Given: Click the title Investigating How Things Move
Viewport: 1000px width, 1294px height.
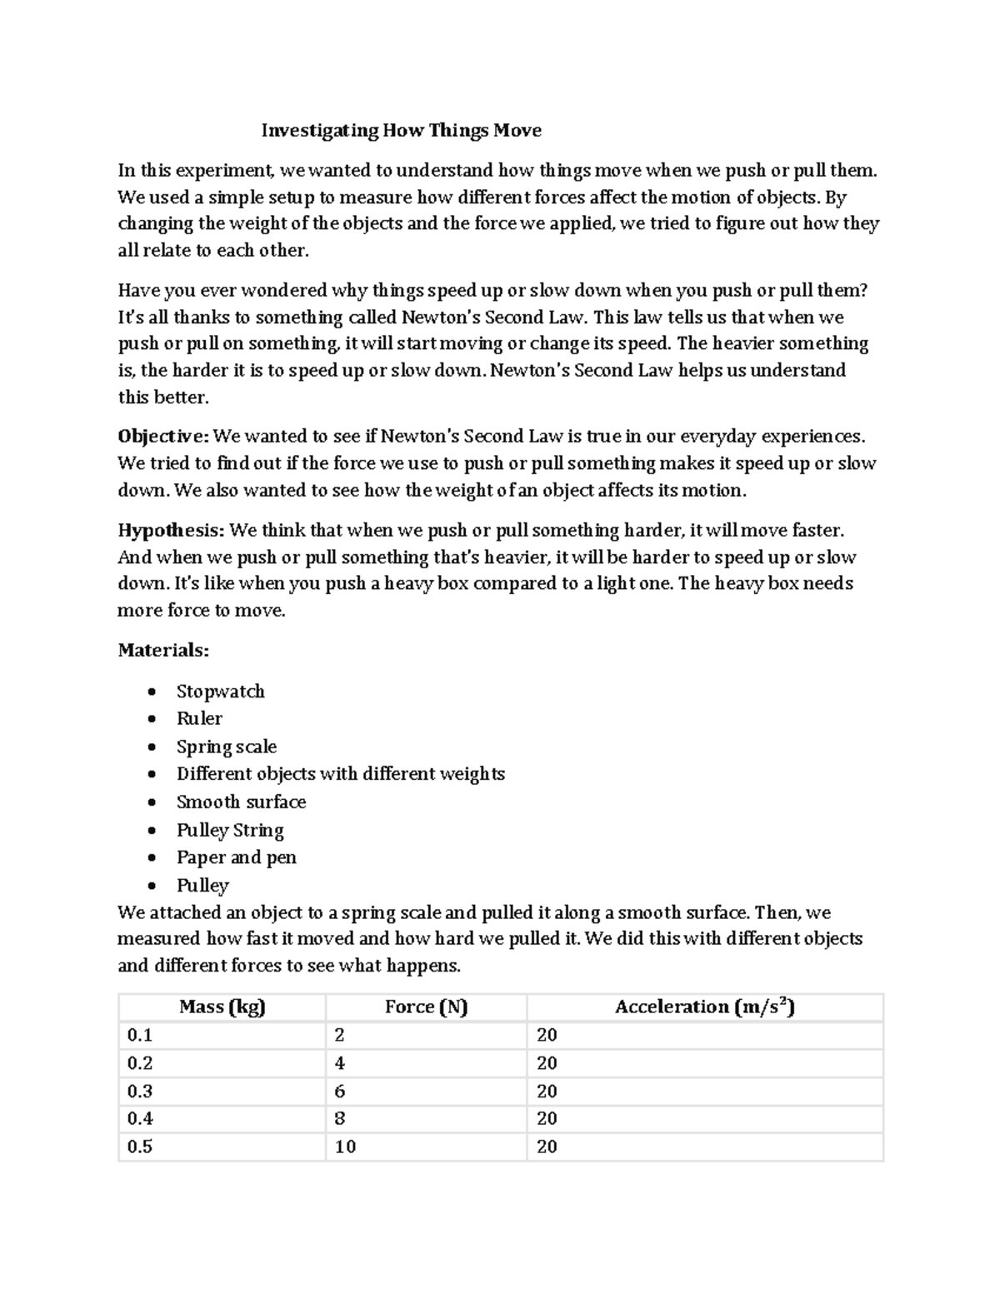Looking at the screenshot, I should pyautogui.click(x=401, y=130).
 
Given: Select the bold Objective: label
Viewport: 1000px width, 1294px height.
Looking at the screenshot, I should pyautogui.click(x=164, y=437).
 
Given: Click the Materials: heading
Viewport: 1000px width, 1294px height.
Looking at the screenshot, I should pyautogui.click(x=163, y=650).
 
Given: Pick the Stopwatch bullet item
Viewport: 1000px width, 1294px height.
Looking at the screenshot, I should pyautogui.click(x=220, y=692).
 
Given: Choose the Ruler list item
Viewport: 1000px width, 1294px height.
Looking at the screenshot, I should pyautogui.click(x=199, y=718).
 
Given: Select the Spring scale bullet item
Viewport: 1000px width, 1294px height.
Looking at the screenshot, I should pyautogui.click(x=226, y=747).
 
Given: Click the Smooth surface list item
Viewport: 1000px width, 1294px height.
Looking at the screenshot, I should pyautogui.click(x=241, y=802).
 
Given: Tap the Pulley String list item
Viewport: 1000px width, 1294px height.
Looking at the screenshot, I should pyautogui.click(x=230, y=830).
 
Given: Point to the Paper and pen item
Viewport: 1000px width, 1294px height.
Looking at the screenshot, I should pyautogui.click(x=236, y=857).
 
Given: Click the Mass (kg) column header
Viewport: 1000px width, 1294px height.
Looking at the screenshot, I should pyautogui.click(x=222, y=1007).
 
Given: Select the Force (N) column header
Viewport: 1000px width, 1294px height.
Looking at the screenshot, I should pyautogui.click(x=426, y=1007).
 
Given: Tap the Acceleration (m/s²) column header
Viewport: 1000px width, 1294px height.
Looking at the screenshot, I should pyautogui.click(x=704, y=1007).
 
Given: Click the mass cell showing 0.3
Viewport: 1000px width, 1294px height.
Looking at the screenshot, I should pyautogui.click(x=139, y=1091).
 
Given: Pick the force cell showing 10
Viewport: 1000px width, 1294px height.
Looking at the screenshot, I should pyautogui.click(x=345, y=1147).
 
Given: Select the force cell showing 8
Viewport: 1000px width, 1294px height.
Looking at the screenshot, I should pyautogui.click(x=340, y=1118).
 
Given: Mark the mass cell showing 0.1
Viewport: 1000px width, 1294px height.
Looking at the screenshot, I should pyautogui.click(x=139, y=1035).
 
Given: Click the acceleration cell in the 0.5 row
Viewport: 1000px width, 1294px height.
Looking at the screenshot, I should pyautogui.click(x=547, y=1147).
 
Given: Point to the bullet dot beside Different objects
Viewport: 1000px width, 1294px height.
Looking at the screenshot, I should pyautogui.click(x=151, y=774).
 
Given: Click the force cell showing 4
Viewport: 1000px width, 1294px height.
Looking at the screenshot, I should pyautogui.click(x=340, y=1063).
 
